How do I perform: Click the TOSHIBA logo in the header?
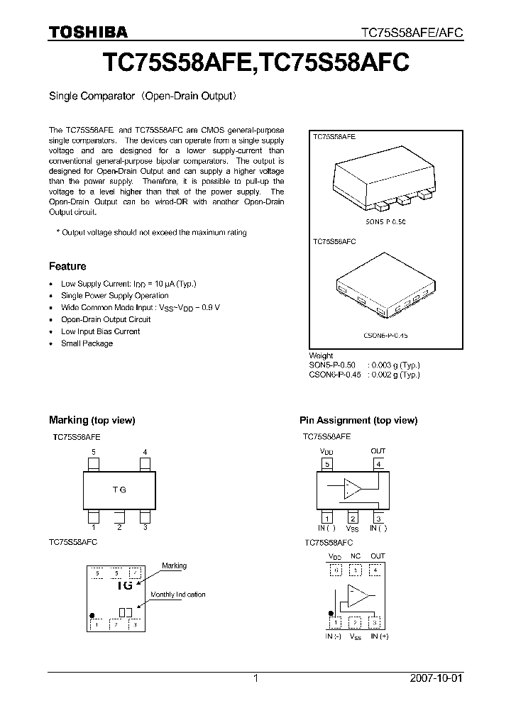[88, 32]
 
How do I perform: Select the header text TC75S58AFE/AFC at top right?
[412, 33]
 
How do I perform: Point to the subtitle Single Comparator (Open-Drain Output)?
[142, 94]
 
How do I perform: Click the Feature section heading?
[67, 266]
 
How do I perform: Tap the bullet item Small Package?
[87, 343]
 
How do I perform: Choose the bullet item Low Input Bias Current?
[100, 331]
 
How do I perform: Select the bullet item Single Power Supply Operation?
[114, 295]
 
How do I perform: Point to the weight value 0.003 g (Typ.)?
[395, 365]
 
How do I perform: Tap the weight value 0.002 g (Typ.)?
[395, 375]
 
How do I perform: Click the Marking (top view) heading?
[92, 420]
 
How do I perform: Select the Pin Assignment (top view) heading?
[358, 420]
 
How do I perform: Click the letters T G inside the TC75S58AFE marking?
[119, 490]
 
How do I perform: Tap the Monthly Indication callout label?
[177, 595]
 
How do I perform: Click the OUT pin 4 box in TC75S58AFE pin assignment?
[378, 465]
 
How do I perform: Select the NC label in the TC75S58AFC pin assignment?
[355, 556]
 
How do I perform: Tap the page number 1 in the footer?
[255, 678]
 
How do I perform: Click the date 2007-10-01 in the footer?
[436, 678]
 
